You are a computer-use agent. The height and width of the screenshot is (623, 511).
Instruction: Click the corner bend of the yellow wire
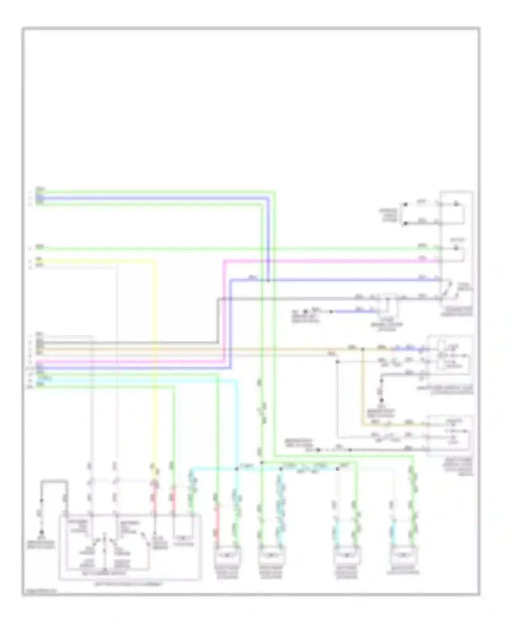click(154, 261)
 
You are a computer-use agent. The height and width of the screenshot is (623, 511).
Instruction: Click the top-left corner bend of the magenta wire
click(224, 261)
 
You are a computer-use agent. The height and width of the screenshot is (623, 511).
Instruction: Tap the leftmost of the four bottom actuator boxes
click(227, 555)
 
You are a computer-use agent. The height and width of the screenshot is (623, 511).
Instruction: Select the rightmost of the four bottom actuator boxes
click(404, 555)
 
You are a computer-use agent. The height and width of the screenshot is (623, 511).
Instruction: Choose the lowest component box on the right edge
click(450, 436)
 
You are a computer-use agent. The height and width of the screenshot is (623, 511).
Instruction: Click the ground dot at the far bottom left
click(42, 532)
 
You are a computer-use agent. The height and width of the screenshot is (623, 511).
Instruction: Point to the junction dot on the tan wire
click(362, 349)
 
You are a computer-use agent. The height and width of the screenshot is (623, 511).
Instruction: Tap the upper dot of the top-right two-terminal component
click(405, 204)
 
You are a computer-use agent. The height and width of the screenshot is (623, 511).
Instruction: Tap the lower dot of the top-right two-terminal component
click(405, 224)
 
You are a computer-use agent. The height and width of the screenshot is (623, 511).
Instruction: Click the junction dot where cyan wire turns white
click(337, 469)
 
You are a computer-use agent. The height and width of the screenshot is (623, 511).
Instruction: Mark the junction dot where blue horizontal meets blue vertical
click(268, 280)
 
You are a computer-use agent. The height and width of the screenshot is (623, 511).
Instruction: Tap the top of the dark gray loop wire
click(55, 481)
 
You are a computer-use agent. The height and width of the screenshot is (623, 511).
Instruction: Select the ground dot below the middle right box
click(382, 400)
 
